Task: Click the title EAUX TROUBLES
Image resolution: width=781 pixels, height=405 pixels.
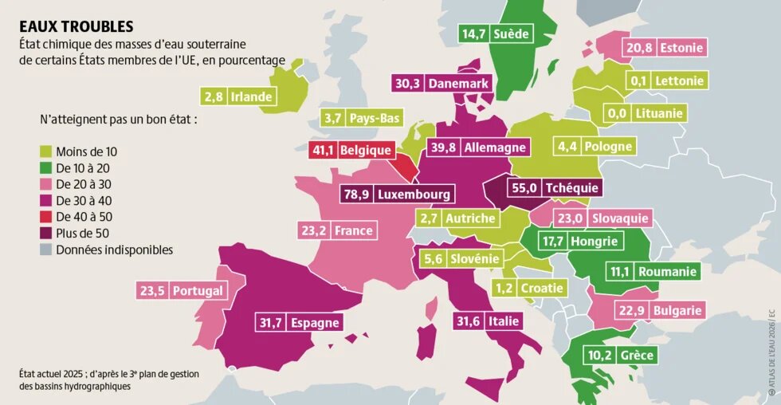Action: pyautogui.click(x=77, y=27)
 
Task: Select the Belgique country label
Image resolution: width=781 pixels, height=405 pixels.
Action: pyautogui.click(x=365, y=149)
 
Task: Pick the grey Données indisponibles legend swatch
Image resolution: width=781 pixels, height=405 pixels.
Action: pyautogui.click(x=46, y=250)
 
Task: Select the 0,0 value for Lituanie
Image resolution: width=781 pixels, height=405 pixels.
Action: pyautogui.click(x=617, y=113)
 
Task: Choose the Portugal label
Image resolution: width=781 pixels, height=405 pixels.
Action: pyautogui.click(x=198, y=291)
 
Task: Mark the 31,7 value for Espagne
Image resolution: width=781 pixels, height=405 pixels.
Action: pyautogui.click(x=270, y=323)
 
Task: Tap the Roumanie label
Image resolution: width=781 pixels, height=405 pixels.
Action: pyautogui.click(x=668, y=272)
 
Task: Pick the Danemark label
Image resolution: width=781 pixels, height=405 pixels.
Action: pyautogui.click(x=457, y=83)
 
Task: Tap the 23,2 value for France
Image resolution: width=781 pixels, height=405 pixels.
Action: pyautogui.click(x=313, y=230)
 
